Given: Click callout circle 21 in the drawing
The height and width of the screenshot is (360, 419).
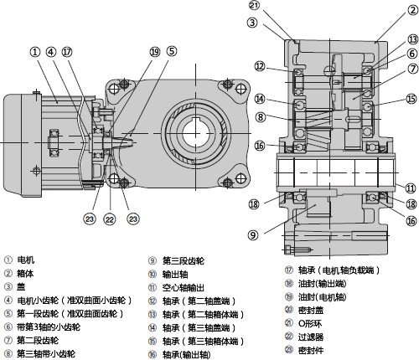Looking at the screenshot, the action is (255, 5).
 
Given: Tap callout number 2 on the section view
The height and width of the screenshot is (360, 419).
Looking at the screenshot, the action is (412, 11).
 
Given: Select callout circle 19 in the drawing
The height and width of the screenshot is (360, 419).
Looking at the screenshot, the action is (154, 52).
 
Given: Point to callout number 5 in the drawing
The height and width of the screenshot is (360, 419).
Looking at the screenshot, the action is (172, 51).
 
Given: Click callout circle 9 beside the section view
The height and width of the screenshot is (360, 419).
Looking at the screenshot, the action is (253, 235).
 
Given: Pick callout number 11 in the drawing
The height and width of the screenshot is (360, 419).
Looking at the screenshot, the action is (411, 188).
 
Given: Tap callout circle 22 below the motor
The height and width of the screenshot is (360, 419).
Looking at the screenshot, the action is (109, 219).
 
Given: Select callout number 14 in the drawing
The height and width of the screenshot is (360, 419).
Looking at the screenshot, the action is (260, 99).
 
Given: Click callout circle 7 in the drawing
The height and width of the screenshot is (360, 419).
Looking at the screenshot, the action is (413, 69).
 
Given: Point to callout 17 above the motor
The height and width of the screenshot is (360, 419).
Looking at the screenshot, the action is (67, 52).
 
